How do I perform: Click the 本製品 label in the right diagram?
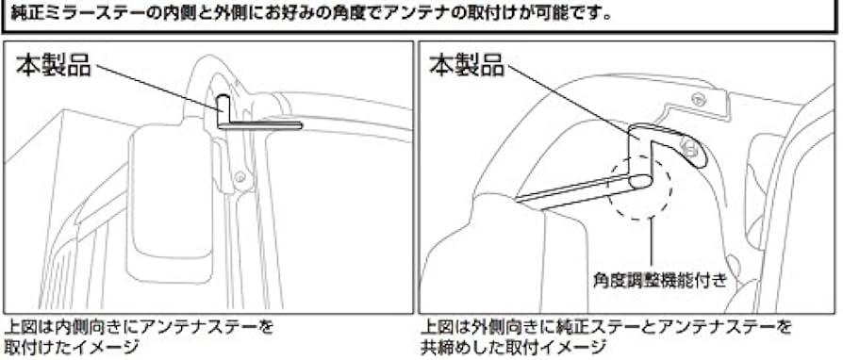pos(468,65)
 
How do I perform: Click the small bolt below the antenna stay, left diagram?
pos(242,176)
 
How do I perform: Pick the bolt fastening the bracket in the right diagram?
pos(690,147)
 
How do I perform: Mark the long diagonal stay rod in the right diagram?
pos(575,188)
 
